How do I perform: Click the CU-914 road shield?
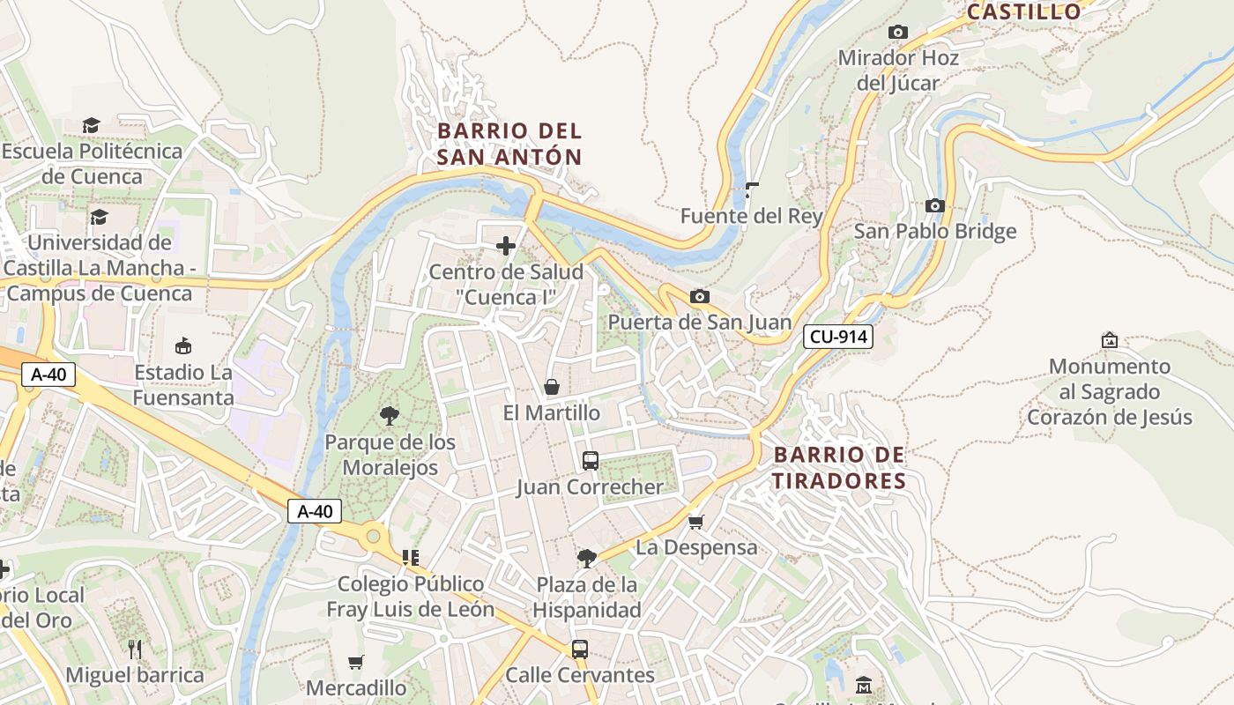click(837, 336)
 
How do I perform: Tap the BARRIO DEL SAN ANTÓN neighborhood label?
click(509, 145)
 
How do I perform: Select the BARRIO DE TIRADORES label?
click(839, 468)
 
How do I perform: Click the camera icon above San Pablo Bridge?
click(934, 206)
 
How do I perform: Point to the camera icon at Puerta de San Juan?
click(699, 297)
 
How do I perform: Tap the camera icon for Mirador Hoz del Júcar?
click(898, 33)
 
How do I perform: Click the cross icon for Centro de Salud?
click(506, 246)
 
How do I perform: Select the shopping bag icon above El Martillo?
click(552, 387)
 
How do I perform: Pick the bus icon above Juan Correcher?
click(590, 461)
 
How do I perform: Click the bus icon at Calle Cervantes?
click(579, 649)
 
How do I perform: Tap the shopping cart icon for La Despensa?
click(695, 523)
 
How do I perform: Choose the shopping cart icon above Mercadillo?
click(356, 662)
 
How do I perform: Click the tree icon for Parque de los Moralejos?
click(389, 416)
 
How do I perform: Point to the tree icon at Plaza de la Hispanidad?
click(586, 558)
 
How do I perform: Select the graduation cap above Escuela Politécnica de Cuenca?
click(92, 125)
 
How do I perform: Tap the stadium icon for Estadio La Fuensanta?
click(183, 345)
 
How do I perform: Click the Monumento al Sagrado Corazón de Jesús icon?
click(1109, 340)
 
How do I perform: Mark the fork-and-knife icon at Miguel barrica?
click(135, 649)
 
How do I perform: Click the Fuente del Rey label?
click(751, 216)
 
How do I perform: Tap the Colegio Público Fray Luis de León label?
click(411, 597)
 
